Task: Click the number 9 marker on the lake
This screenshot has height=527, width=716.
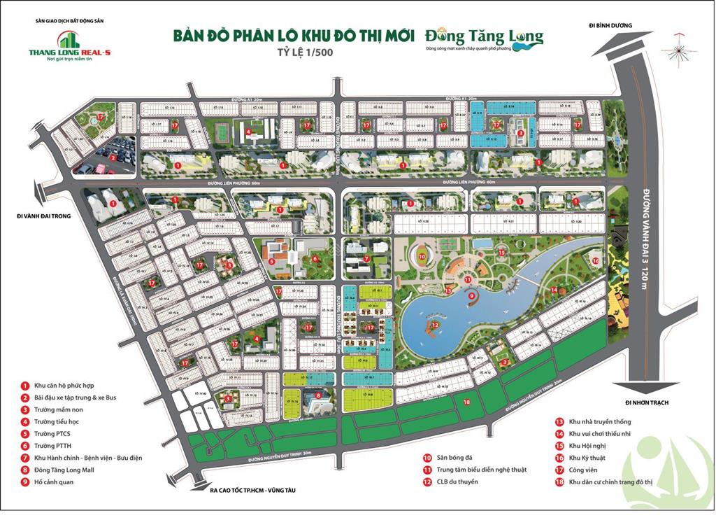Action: pos(471,296)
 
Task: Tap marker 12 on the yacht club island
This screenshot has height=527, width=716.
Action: pos(434,325)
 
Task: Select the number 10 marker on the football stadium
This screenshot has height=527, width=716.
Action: pos(422,256)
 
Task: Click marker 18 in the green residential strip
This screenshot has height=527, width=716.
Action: pos(466,401)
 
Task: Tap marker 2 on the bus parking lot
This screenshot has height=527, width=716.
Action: pos(112,157)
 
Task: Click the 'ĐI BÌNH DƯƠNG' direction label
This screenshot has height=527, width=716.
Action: pos(610,26)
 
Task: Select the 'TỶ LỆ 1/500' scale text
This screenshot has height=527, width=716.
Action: pos(292,52)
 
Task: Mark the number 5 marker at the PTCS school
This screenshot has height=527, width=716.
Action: pos(271,262)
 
